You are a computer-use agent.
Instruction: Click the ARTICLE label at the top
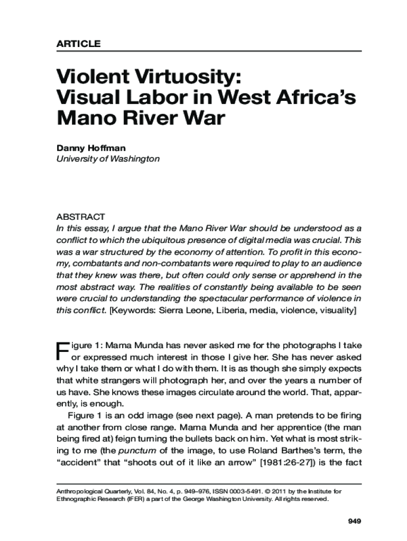coord(78,44)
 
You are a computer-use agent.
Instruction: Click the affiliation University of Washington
coord(108,158)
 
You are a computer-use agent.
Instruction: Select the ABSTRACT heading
coord(81,217)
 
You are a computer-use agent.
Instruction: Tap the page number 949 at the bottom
coord(354,521)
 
